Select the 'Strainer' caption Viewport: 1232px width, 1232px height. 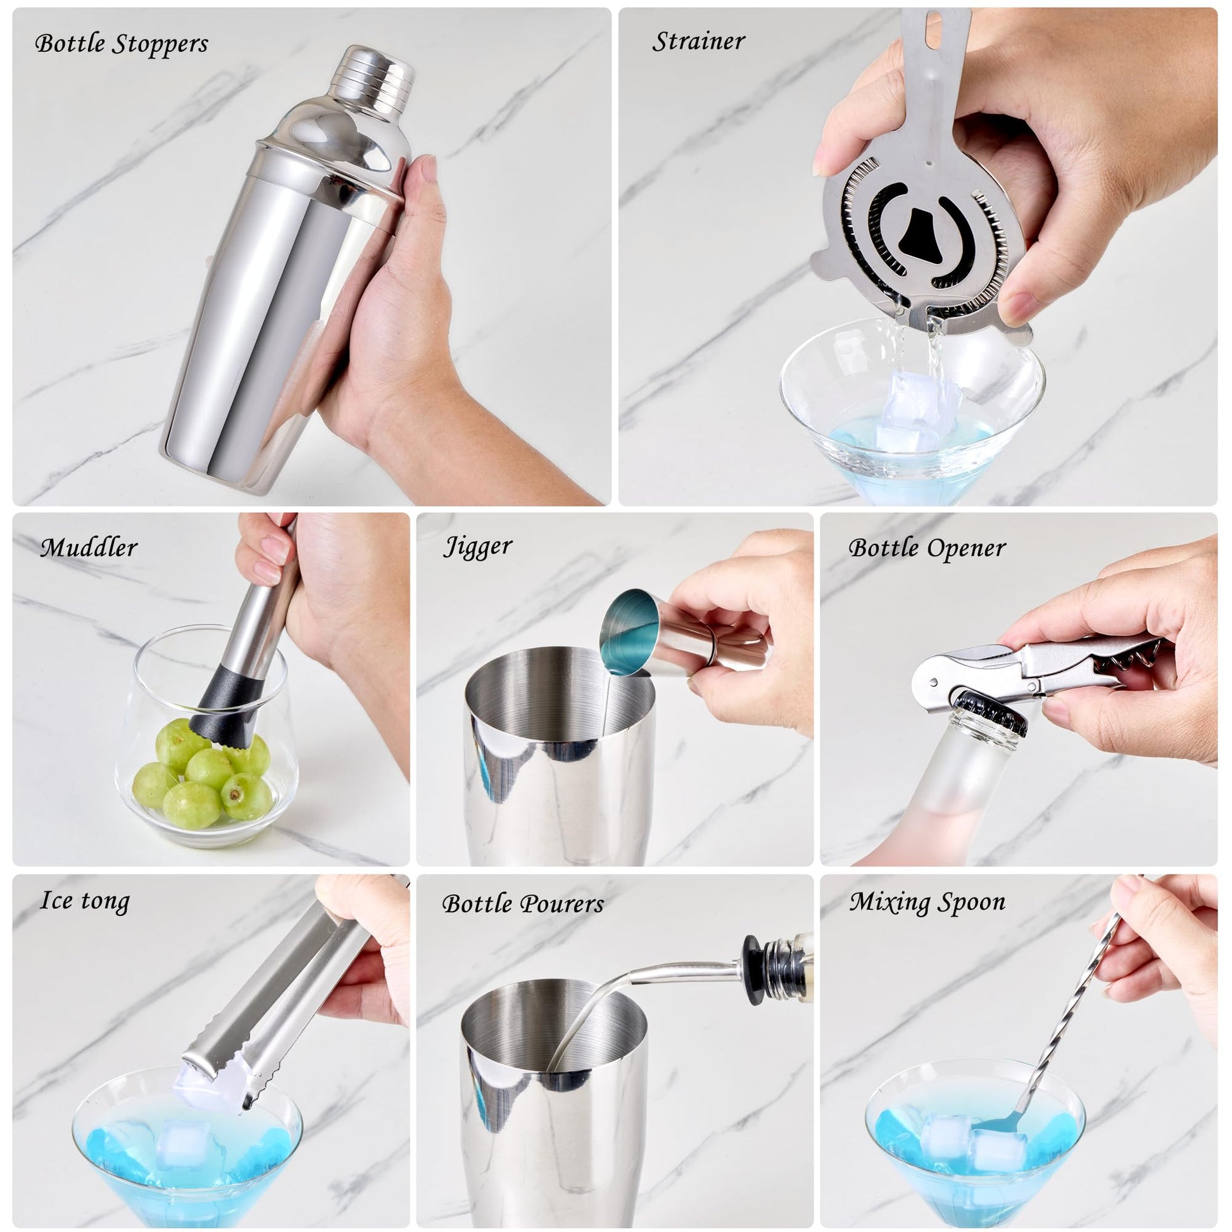tap(698, 41)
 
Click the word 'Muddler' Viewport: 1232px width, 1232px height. tap(89, 548)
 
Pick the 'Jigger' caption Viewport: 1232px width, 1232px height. tap(477, 547)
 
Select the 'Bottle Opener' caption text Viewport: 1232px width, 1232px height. tap(927, 548)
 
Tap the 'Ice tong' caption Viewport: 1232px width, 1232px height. tap(85, 902)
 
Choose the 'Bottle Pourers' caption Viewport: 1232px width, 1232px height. tap(523, 903)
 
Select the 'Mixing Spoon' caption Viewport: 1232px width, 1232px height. tap(928, 902)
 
